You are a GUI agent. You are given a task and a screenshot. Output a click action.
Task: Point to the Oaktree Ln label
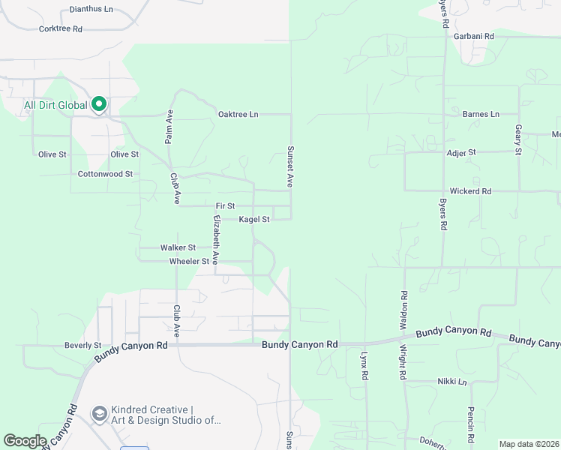tap(238, 114)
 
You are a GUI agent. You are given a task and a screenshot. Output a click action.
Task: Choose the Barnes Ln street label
tap(481, 114)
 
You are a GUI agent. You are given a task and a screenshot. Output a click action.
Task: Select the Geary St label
tap(517, 139)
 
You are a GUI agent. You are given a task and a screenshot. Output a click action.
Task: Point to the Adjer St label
tap(461, 152)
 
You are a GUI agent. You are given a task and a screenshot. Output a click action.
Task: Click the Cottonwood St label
tap(105, 174)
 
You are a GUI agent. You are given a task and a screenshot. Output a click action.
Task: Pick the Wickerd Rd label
tap(470, 191)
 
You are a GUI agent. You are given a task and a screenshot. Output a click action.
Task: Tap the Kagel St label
tap(254, 220)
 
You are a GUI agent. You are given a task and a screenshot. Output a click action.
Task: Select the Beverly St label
tap(82, 346)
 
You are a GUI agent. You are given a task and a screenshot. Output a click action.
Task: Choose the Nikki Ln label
tap(452, 382)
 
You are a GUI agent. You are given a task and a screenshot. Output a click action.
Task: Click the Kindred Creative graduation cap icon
tap(99, 414)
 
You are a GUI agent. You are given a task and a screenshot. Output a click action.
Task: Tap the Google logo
tap(25, 441)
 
